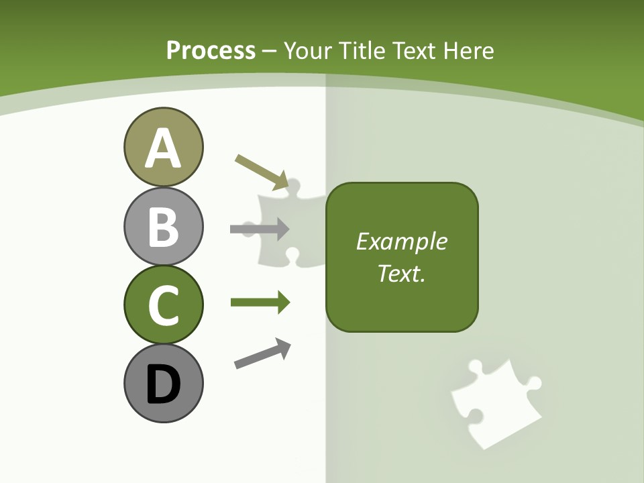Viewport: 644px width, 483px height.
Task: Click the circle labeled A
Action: (163, 147)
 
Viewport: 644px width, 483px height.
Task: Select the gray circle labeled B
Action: (163, 226)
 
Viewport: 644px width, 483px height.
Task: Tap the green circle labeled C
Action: (163, 305)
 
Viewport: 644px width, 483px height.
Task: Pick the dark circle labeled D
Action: (163, 383)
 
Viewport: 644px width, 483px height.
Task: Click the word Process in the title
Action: (211, 50)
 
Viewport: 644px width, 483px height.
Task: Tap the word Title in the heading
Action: (361, 50)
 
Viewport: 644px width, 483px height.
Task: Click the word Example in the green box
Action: (401, 241)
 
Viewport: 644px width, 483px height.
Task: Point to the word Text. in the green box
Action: (401, 273)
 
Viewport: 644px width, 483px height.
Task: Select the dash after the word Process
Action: (270, 51)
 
